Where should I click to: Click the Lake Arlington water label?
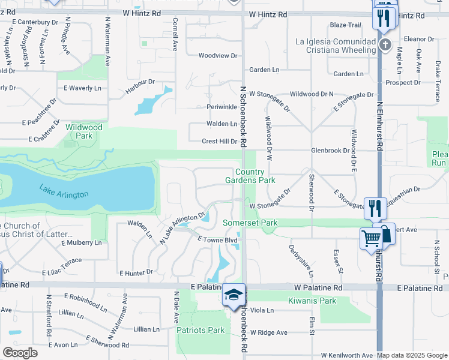[x=64, y=193]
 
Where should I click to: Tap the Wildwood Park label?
[x=84, y=131]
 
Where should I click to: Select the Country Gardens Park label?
[x=250, y=176]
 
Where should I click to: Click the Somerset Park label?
[x=250, y=223]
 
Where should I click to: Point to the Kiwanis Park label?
[x=312, y=301]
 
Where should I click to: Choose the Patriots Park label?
[x=200, y=330]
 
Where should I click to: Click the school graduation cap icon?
[x=234, y=295]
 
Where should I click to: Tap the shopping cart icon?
[x=371, y=238]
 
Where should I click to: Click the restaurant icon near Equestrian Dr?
[x=376, y=208]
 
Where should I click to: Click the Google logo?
[x=20, y=353]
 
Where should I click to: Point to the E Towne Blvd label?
[x=218, y=239]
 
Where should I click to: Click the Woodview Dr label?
[x=218, y=55]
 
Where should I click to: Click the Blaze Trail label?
[x=345, y=25]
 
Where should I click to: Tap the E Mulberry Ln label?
[x=82, y=243]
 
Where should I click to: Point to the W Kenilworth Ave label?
[x=347, y=355]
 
